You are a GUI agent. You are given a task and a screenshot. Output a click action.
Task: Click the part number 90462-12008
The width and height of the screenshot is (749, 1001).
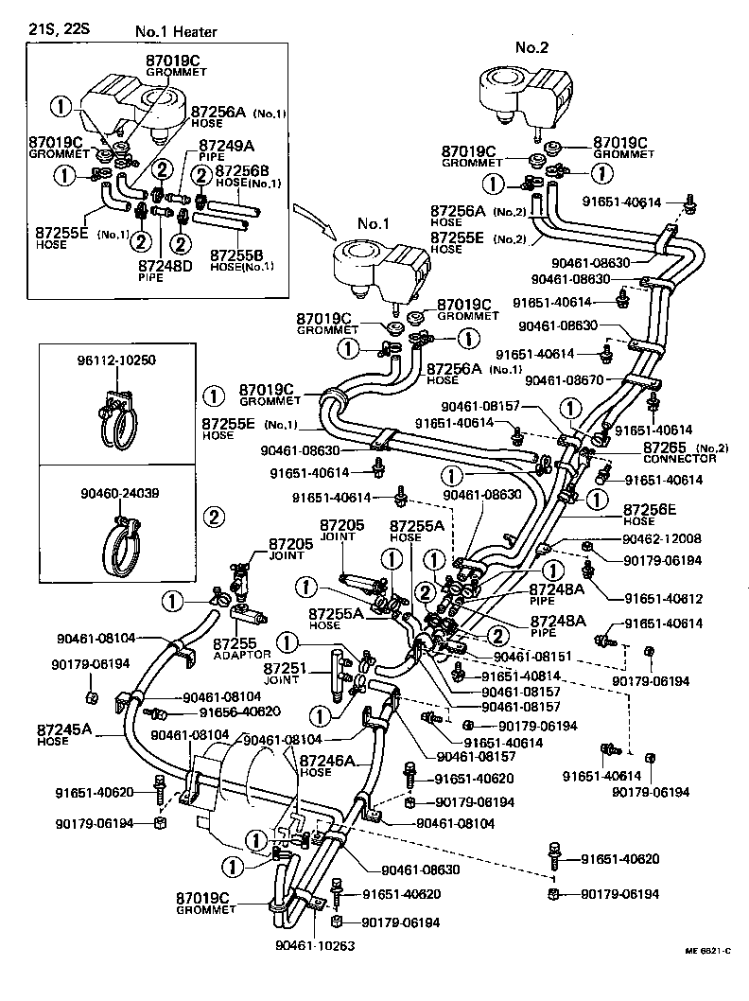pyautogui.click(x=662, y=538)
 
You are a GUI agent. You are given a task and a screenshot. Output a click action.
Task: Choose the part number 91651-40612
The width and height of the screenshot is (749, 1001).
pyautogui.click(x=662, y=598)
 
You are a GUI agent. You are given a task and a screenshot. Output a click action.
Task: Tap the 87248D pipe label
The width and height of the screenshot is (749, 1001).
pyautogui.click(x=165, y=270)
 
